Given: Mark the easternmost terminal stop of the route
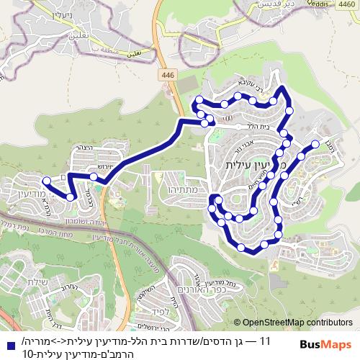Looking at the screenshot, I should [315, 144].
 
